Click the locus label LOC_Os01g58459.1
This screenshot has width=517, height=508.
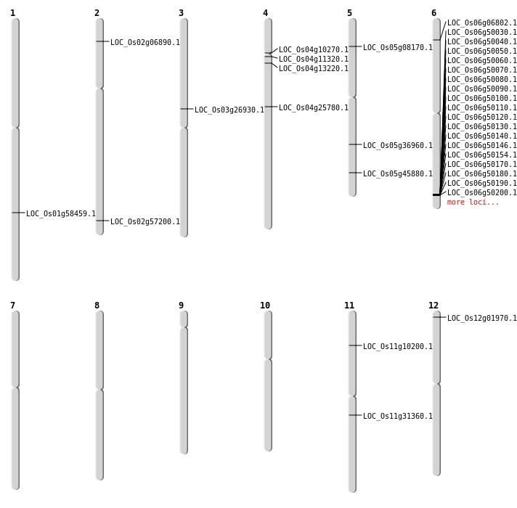(x=61, y=214)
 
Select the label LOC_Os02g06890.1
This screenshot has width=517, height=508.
(x=145, y=43)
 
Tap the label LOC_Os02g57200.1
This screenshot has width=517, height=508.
(x=145, y=222)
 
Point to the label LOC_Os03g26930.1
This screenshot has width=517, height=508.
(x=229, y=110)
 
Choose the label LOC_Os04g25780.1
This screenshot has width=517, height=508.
(x=314, y=108)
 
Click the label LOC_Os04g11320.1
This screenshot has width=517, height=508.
(x=314, y=60)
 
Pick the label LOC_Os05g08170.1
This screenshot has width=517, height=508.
(x=398, y=48)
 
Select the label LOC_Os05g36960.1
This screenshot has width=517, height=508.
(x=398, y=146)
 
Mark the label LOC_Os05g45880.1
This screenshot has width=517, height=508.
(x=398, y=174)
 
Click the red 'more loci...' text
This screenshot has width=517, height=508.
(x=473, y=202)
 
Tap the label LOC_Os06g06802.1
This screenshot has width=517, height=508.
(x=482, y=23)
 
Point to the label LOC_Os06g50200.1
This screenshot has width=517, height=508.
(x=482, y=193)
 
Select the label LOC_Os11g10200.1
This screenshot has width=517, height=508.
(x=398, y=347)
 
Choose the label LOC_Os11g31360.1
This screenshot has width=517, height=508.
(x=398, y=417)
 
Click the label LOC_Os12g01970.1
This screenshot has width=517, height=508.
(x=482, y=319)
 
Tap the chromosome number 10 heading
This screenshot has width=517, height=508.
(x=265, y=306)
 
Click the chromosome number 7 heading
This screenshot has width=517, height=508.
(x=12, y=306)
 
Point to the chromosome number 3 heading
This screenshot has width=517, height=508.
(x=181, y=13)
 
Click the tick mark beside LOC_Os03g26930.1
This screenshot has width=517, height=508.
(x=187, y=109)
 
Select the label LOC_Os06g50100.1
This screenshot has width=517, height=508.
(x=482, y=99)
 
